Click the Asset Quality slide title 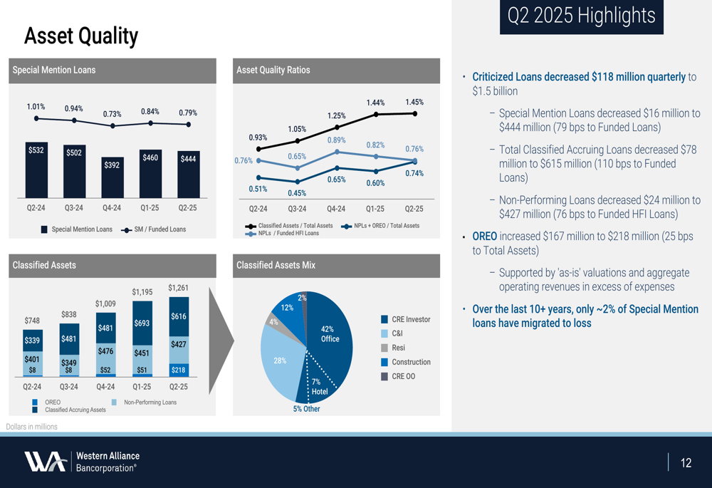coord(81,36)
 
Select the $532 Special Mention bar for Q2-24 coord(36,171)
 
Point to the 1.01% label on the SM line coord(36,107)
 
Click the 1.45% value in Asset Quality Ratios coord(414,102)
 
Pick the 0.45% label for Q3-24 coord(297,193)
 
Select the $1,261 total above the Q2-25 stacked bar coord(178,288)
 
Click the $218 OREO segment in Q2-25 coord(179,370)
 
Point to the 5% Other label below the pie coord(306,409)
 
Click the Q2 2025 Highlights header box coord(582,16)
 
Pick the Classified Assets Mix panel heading coord(276,265)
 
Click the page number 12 coord(686,463)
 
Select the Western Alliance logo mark coord(46,462)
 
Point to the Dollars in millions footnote coord(32,427)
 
